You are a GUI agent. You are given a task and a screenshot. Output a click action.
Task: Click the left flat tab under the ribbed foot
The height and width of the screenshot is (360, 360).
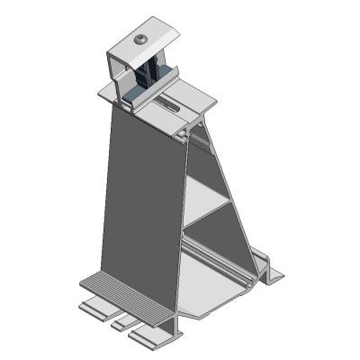click(x=94, y=310)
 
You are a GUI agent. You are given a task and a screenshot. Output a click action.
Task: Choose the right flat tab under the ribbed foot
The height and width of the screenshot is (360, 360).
click(x=148, y=337)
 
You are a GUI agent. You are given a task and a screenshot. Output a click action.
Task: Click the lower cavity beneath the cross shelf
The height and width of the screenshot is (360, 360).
click(x=211, y=247)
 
